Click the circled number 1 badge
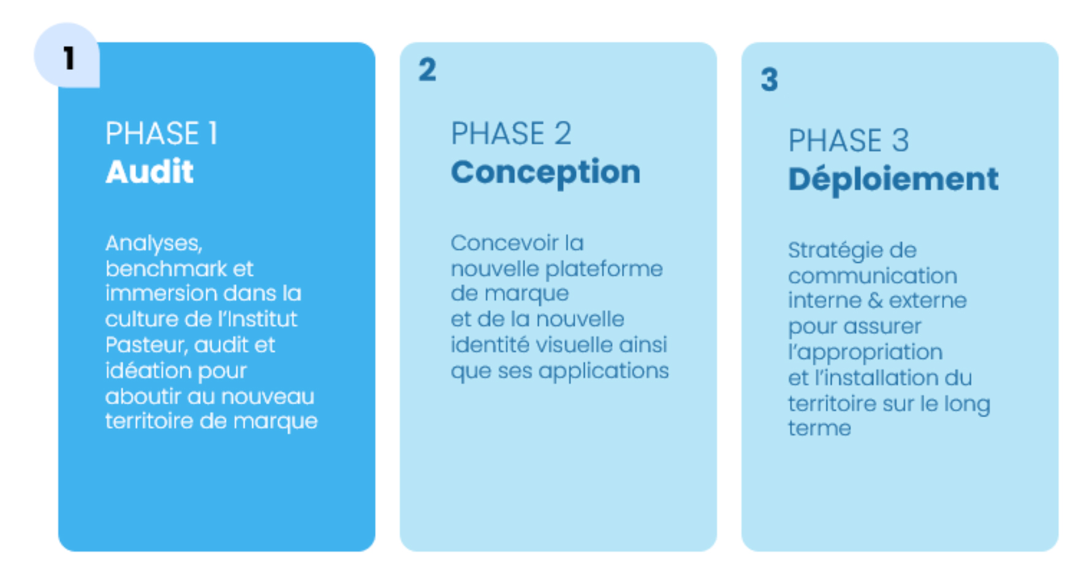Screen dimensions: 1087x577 coord(67,56)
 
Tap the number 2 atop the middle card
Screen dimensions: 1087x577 coord(427,70)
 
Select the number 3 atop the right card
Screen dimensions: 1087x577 coord(770,80)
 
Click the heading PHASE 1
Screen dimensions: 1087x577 coord(162,134)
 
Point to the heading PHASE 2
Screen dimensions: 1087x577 coord(511,134)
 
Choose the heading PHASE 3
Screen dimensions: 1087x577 coord(849,141)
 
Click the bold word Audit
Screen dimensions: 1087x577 coord(150,172)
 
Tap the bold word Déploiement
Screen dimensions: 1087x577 coord(893,179)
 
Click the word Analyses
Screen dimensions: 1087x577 coord(153,244)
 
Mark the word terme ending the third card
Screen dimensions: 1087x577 coord(820,428)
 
